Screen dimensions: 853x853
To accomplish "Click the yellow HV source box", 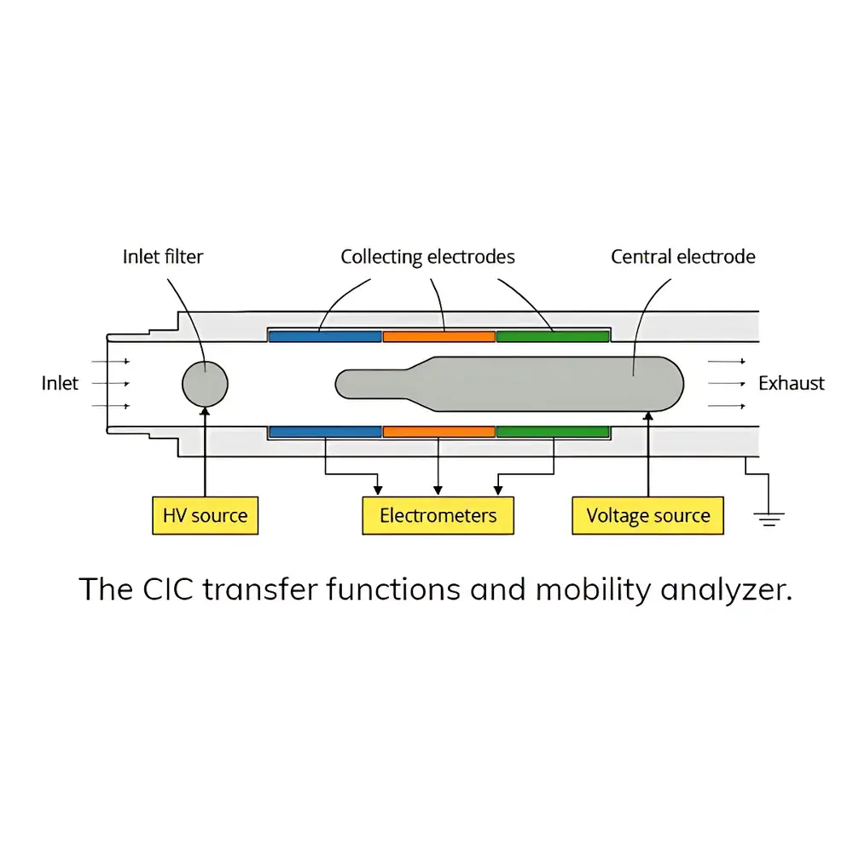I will pos(205,515).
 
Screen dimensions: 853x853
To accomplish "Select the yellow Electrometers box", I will pos(438,515).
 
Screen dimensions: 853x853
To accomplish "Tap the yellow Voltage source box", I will pos(647,515).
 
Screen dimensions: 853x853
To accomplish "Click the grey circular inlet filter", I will pos(206,384).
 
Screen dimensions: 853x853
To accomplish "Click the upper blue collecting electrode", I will pos(325,336).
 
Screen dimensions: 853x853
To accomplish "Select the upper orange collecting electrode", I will pos(438,336).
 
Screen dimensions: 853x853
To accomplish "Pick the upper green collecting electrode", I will pos(552,336).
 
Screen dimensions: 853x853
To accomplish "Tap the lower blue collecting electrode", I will pos(325,432).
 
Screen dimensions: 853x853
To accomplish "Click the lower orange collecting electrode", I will pos(438,432).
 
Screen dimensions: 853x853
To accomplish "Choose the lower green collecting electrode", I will pos(552,432).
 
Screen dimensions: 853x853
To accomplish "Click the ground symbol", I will pos(769,517).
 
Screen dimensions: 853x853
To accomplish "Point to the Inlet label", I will pos(60,384).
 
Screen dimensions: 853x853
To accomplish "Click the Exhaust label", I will pos(792,384).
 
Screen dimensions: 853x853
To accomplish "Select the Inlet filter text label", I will pos(163,256).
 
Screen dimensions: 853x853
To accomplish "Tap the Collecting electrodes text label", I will pos(427,256).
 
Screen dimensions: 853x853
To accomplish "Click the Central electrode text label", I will pos(682,256).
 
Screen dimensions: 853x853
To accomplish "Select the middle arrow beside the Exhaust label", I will pos(727,384).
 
